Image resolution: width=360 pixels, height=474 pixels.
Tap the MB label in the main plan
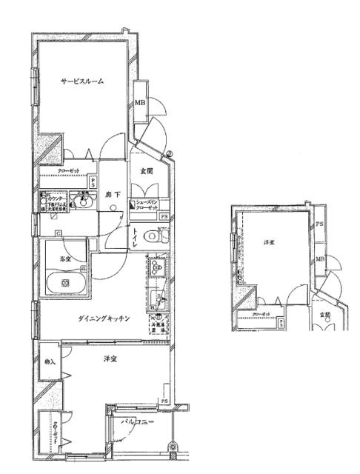coord(140,104)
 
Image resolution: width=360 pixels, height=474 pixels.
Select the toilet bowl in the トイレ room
coord(153,237)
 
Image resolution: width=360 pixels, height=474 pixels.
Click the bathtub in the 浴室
coord(67,283)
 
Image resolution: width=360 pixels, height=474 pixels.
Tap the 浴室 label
coord(64,258)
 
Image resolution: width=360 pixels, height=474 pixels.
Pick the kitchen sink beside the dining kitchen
coord(157,298)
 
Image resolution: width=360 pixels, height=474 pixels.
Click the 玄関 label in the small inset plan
coord(324,315)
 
